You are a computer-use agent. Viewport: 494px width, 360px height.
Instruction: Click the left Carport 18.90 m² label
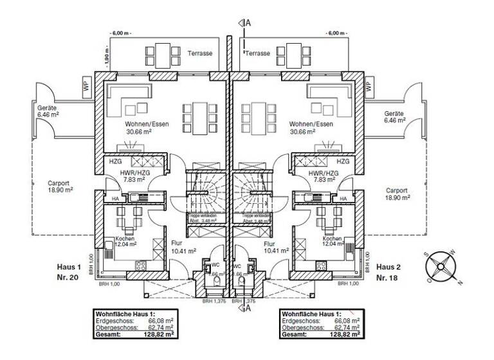60,187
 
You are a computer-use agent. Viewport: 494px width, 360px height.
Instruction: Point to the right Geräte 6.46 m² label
394,116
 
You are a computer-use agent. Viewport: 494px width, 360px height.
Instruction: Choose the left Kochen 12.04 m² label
125,240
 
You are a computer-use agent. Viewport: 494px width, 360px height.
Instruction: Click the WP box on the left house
87,87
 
